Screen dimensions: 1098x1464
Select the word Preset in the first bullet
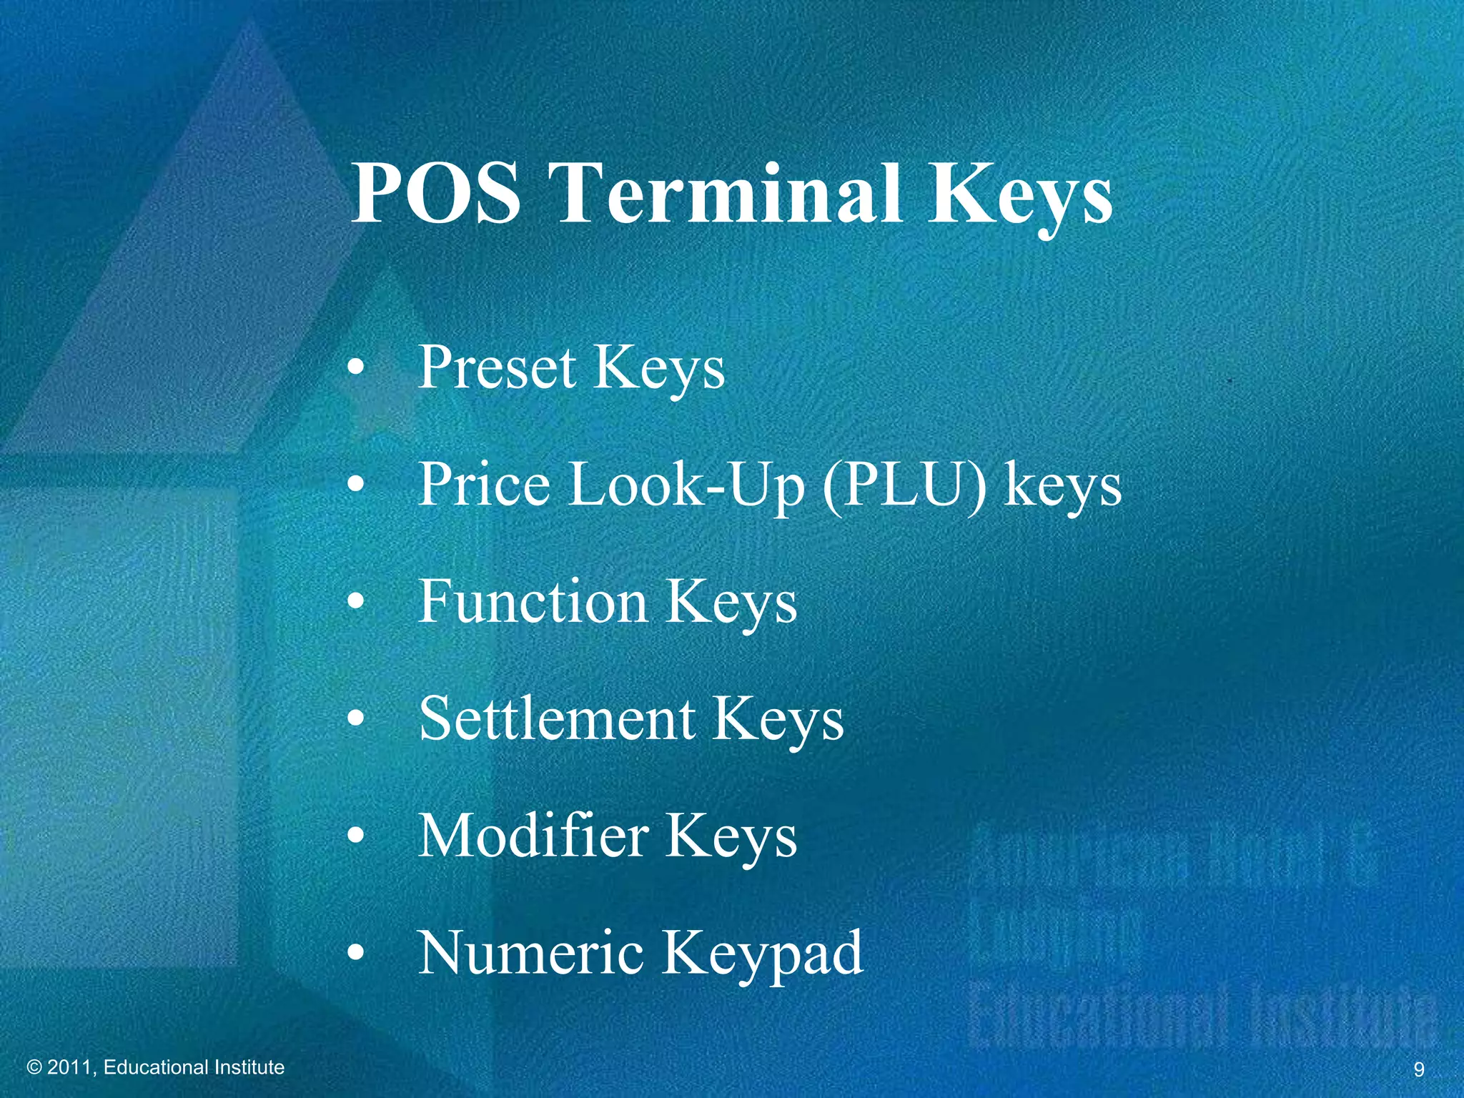(497, 367)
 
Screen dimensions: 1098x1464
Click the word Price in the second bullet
(484, 484)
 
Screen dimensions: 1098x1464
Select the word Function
(533, 601)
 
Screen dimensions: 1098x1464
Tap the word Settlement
(557, 718)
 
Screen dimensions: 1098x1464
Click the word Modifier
(533, 836)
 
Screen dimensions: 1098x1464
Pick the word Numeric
(530, 953)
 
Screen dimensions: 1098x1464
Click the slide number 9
(1419, 1069)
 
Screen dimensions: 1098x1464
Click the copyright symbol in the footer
(34, 1068)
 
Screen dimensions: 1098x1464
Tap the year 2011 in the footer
(70, 1068)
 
